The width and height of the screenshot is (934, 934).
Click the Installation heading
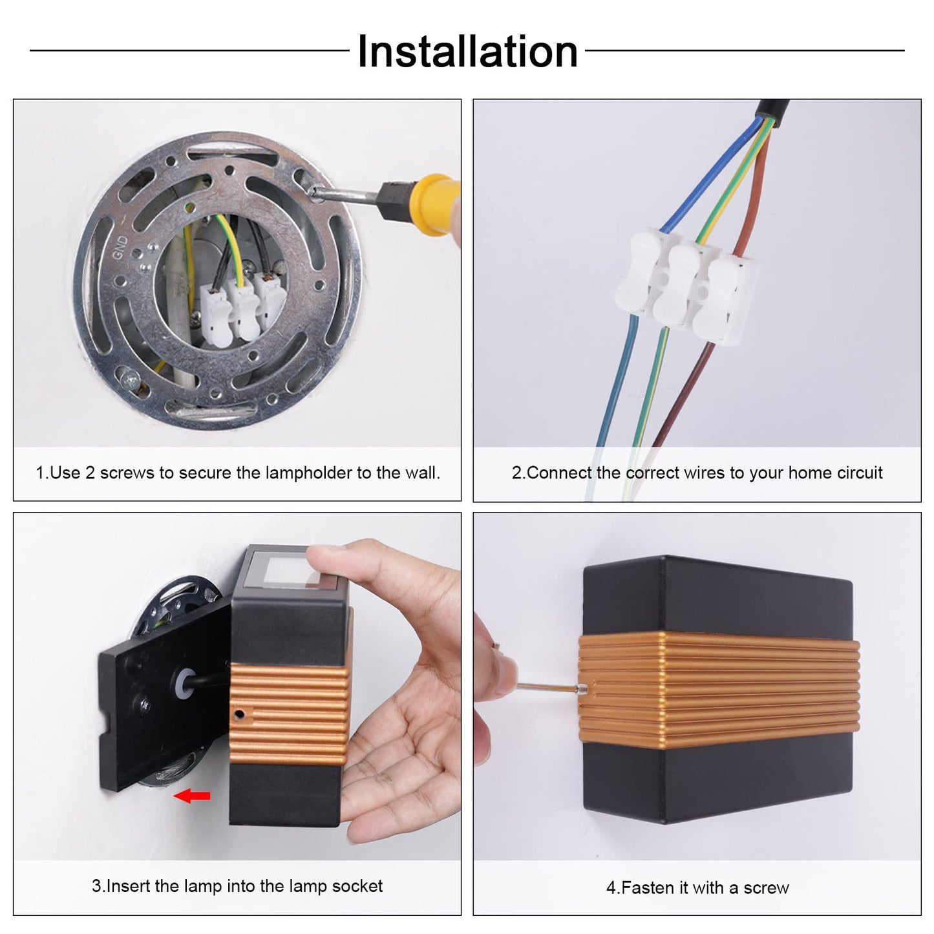(x=467, y=52)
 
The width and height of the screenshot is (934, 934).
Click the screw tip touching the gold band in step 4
(x=582, y=688)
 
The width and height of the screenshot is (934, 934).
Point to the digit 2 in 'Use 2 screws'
(x=90, y=472)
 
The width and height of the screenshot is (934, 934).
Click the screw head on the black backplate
(x=146, y=705)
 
